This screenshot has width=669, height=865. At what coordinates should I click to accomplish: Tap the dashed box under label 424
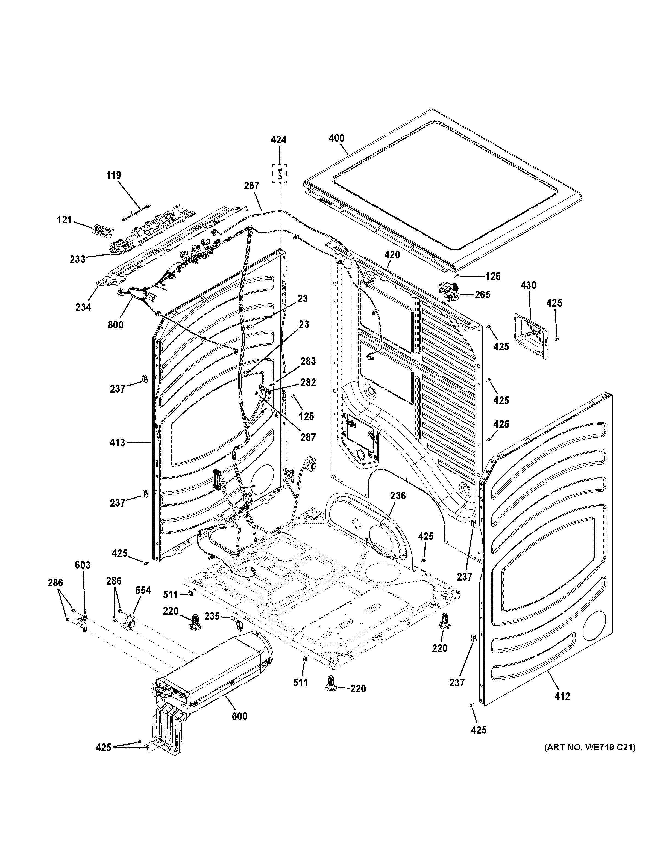[x=279, y=174]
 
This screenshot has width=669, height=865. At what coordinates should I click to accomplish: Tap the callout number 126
[x=493, y=276]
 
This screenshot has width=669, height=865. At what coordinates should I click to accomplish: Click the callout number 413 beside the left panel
[x=117, y=442]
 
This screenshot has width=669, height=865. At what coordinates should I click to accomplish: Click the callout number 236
[x=398, y=496]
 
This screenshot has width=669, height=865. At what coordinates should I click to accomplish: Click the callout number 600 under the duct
[x=239, y=716]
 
